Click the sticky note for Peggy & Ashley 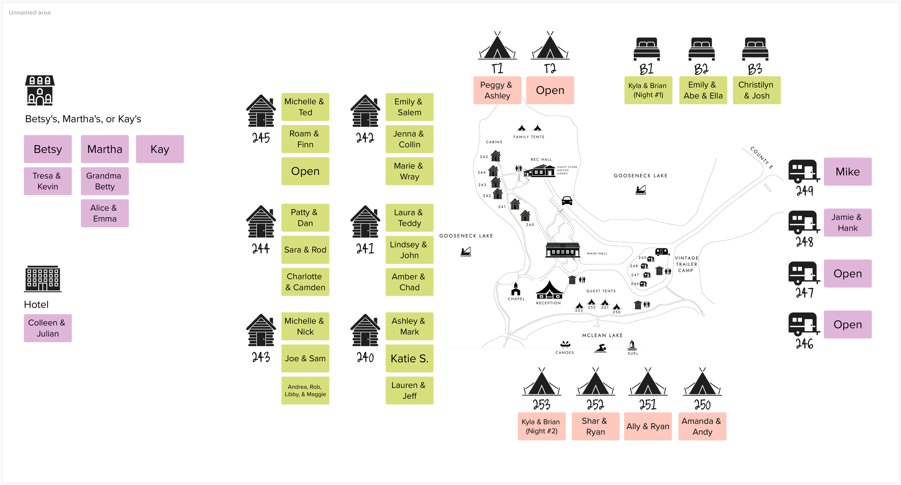tap(497, 90)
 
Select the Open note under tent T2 tap(550, 90)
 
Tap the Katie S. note tap(409, 358)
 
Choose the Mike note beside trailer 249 tap(848, 172)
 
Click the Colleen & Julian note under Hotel tap(48, 328)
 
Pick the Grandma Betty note tap(105, 181)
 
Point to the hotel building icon tap(43, 279)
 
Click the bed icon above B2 tap(701, 49)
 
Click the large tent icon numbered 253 tap(542, 382)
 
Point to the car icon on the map tap(567, 200)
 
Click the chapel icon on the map tap(516, 289)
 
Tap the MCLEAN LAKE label tap(602, 335)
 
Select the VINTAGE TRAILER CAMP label tap(686, 264)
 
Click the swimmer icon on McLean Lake tap(600, 348)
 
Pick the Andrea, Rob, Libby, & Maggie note tap(305, 391)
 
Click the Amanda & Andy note tap(702, 426)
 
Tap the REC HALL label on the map tap(541, 159)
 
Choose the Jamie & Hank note tap(848, 222)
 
